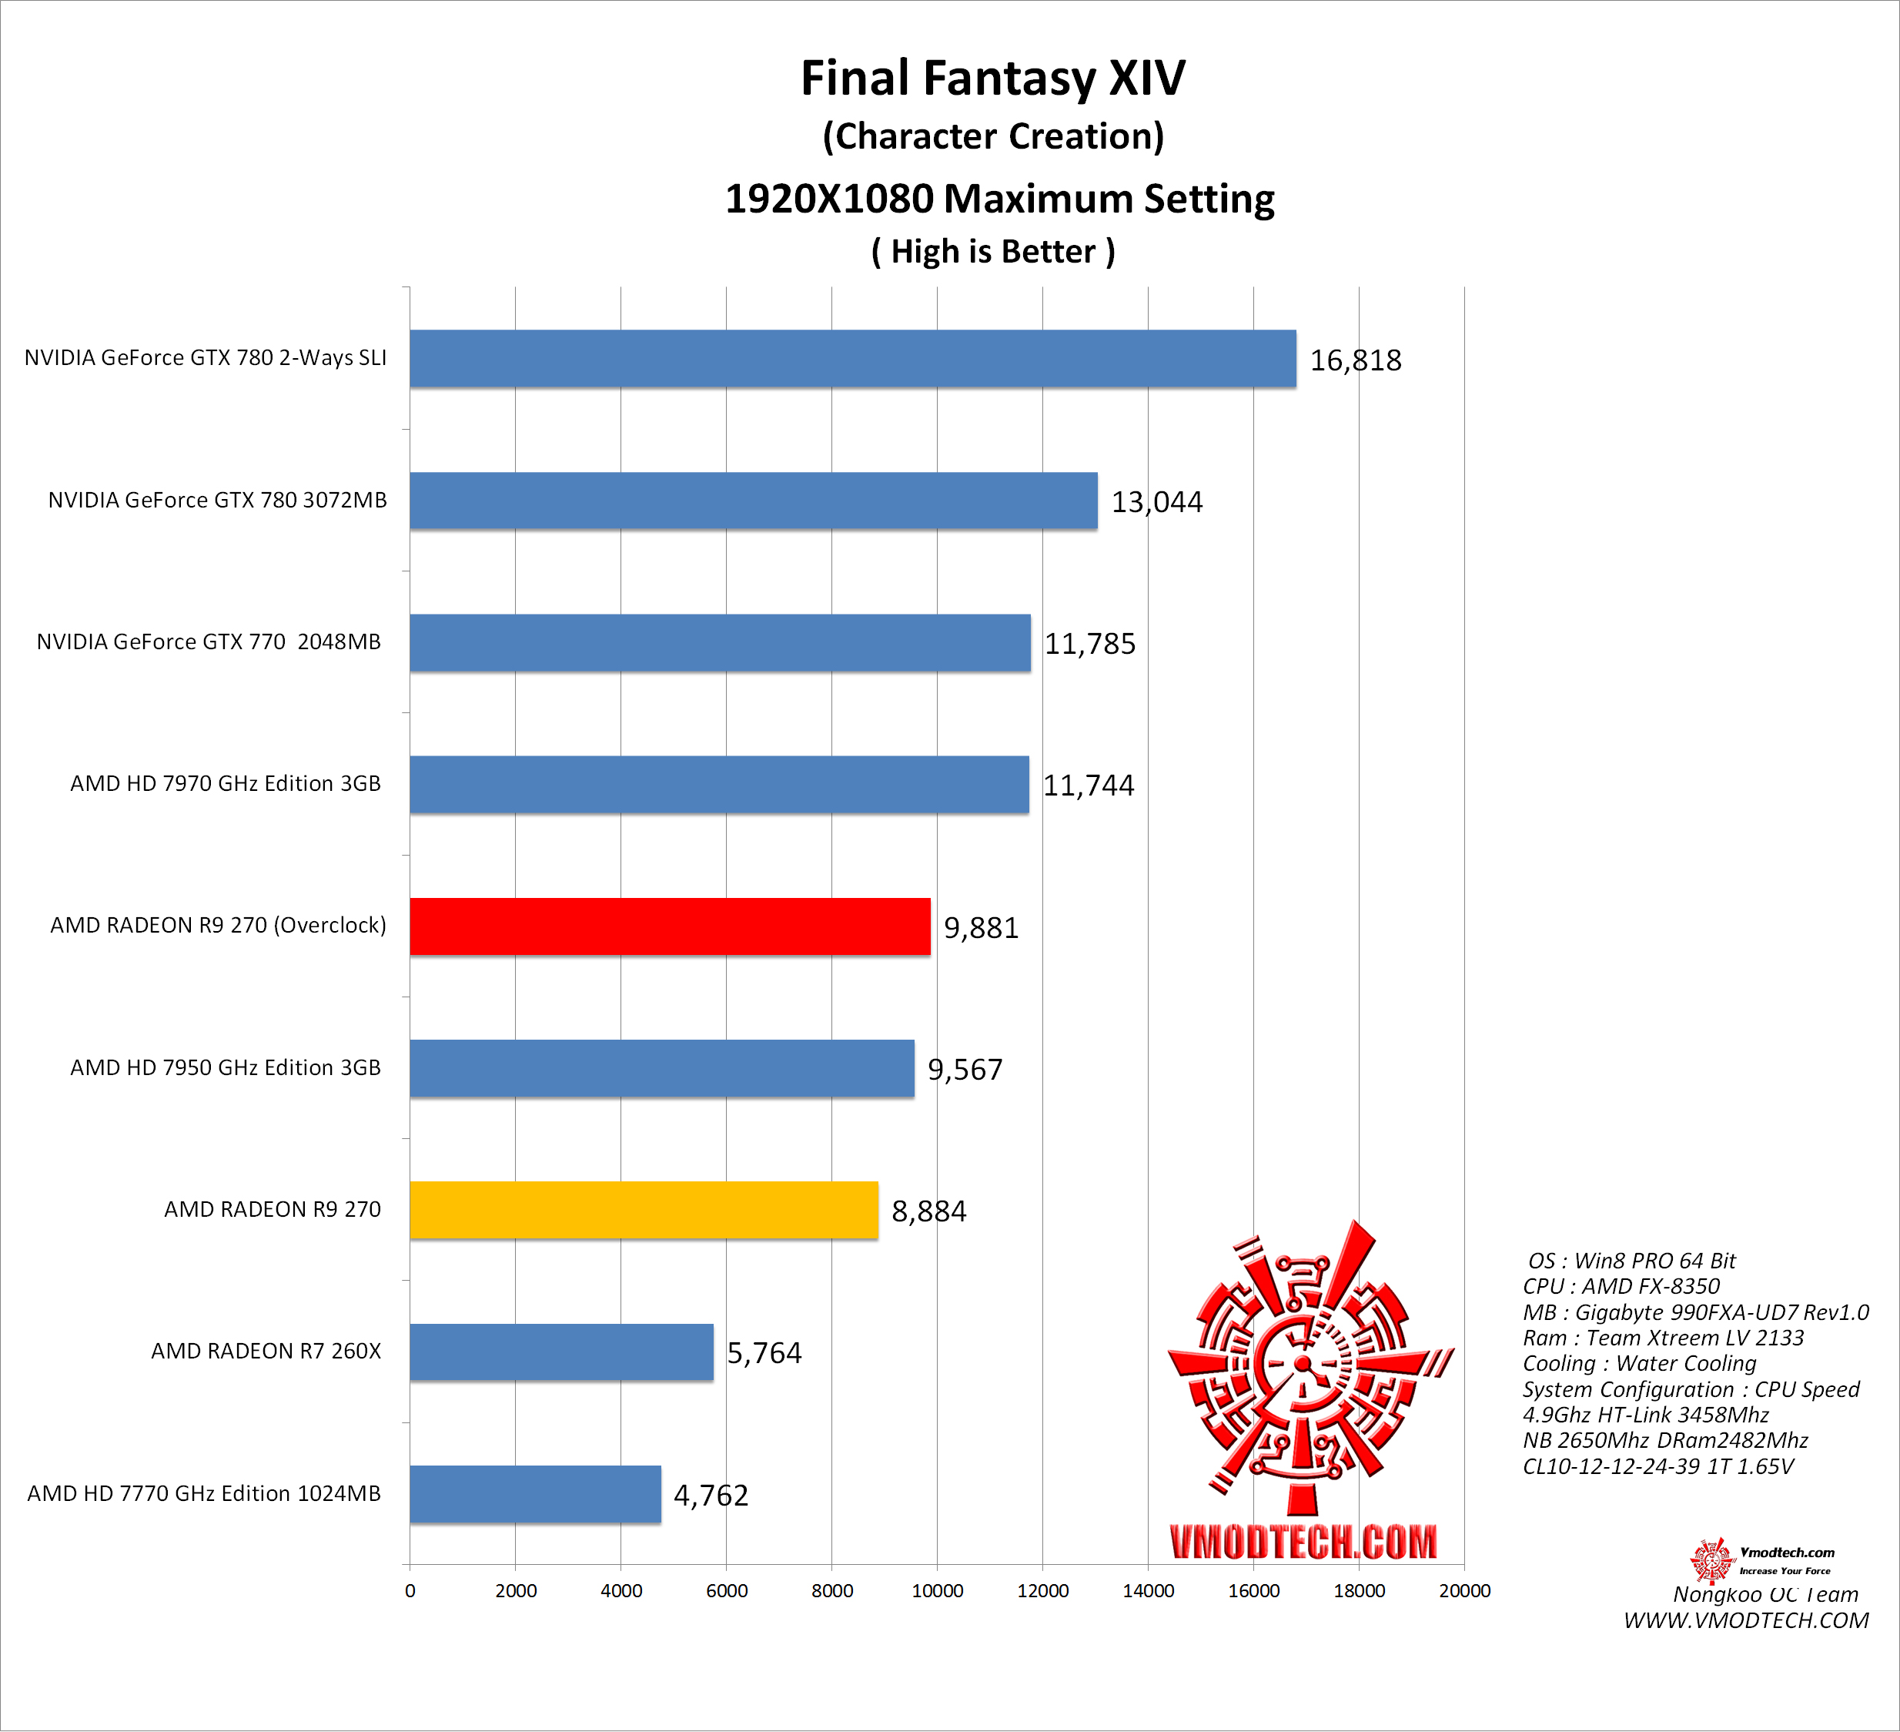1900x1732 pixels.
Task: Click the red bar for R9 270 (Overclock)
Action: click(669, 926)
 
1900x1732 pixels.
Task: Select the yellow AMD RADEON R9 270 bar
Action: click(643, 1210)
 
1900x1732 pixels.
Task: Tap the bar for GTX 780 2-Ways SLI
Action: click(852, 358)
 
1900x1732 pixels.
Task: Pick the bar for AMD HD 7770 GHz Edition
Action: click(534, 1493)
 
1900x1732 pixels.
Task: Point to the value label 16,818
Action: click(1355, 360)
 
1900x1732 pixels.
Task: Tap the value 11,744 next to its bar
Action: click(1088, 786)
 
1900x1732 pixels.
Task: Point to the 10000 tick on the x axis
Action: click(937, 1590)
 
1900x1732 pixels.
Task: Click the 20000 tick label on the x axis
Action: click(1463, 1590)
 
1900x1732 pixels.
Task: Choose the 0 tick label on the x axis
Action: click(410, 1590)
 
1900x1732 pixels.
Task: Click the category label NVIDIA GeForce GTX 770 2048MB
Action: click(209, 642)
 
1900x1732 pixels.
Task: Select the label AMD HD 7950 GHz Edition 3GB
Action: click(226, 1067)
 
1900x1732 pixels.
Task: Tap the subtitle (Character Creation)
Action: click(992, 137)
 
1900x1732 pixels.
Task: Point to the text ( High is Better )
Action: click(992, 252)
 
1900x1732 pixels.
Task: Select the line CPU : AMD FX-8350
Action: click(1621, 1286)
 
